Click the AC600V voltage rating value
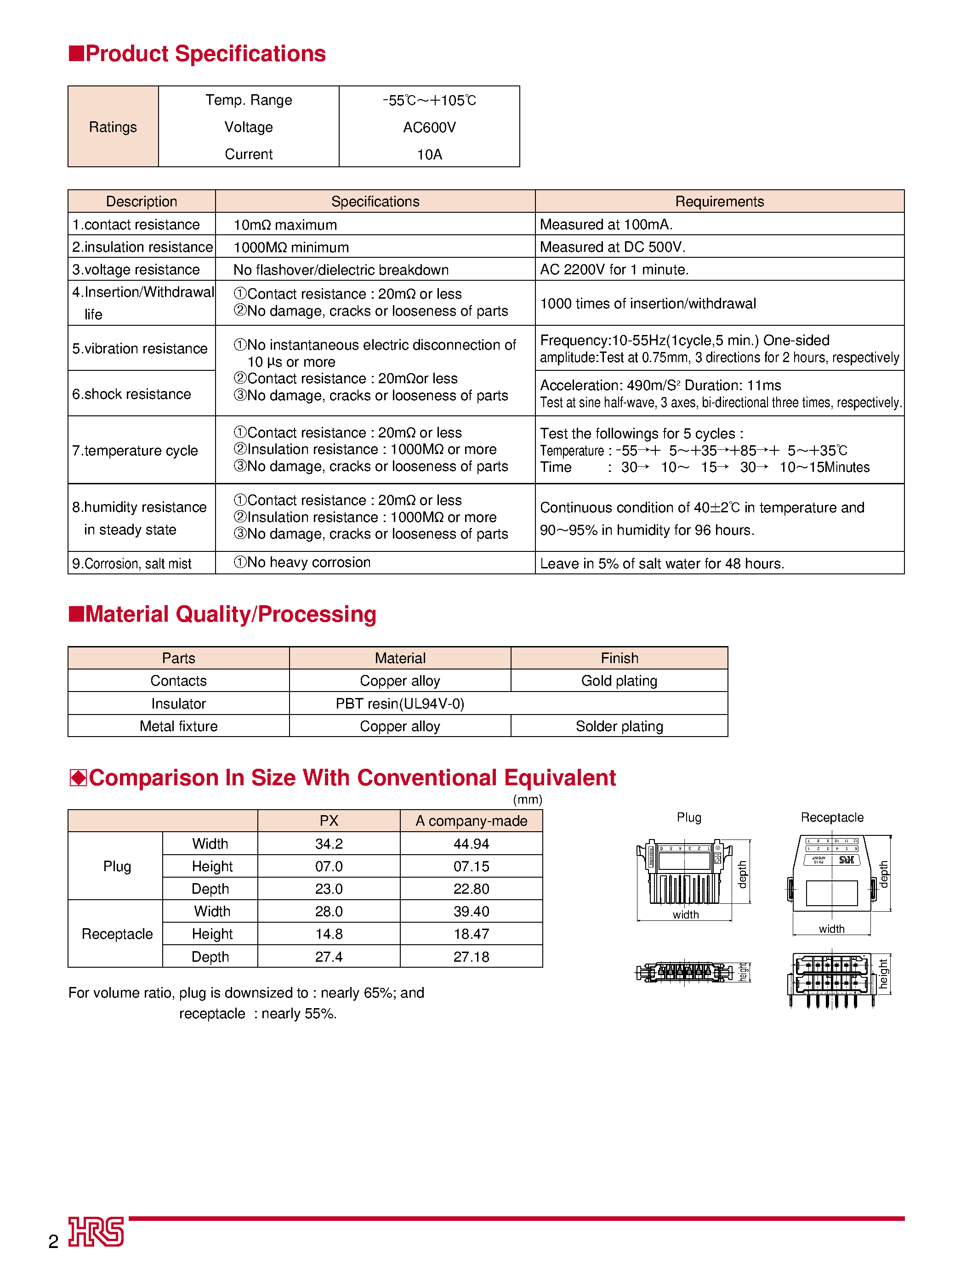tap(429, 127)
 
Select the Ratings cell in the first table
tap(113, 127)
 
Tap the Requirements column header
tap(719, 201)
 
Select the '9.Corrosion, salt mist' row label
tap(132, 563)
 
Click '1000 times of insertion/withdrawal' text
tap(648, 304)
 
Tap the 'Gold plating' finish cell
tap(619, 681)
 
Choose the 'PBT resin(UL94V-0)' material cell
tap(400, 703)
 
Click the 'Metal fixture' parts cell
tap(178, 726)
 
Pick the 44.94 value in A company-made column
tap(471, 844)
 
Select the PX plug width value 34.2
tap(329, 844)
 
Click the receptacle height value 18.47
tap(471, 934)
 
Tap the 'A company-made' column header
tap(471, 821)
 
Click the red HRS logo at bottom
tap(96, 1231)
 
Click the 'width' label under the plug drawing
tap(686, 914)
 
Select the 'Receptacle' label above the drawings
tap(831, 817)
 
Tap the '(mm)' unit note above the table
tap(527, 800)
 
